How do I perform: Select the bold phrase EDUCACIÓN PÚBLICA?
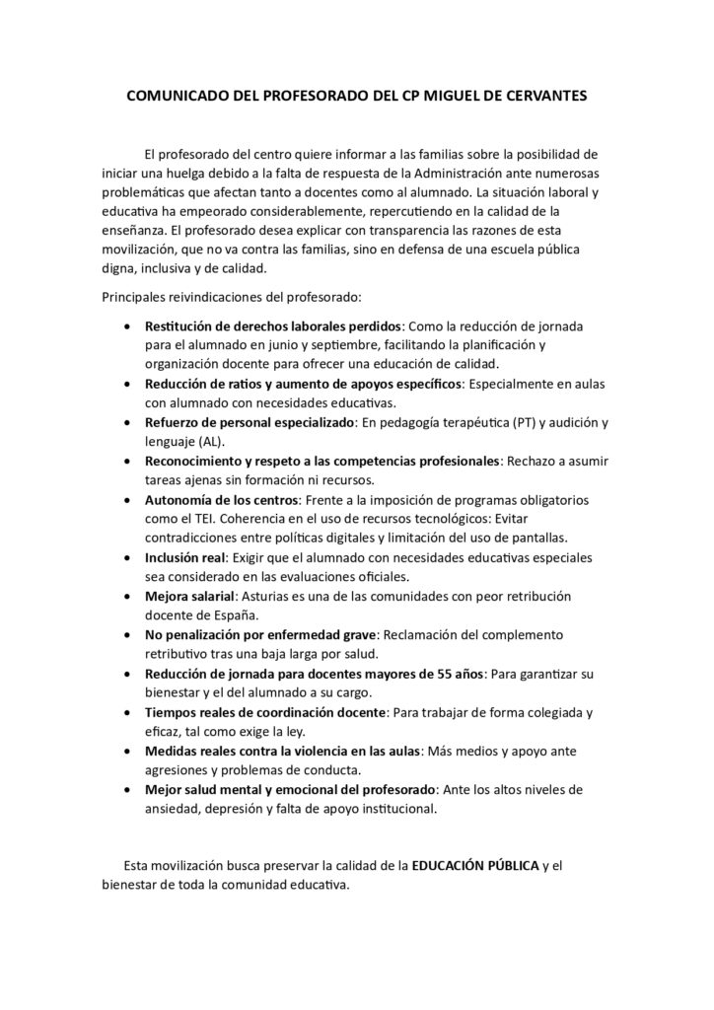pyautogui.click(x=475, y=866)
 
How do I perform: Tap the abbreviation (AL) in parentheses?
pyautogui.click(x=212, y=442)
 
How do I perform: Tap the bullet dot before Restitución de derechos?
pyautogui.click(x=128, y=325)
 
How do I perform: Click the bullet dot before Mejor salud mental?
pyautogui.click(x=128, y=790)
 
